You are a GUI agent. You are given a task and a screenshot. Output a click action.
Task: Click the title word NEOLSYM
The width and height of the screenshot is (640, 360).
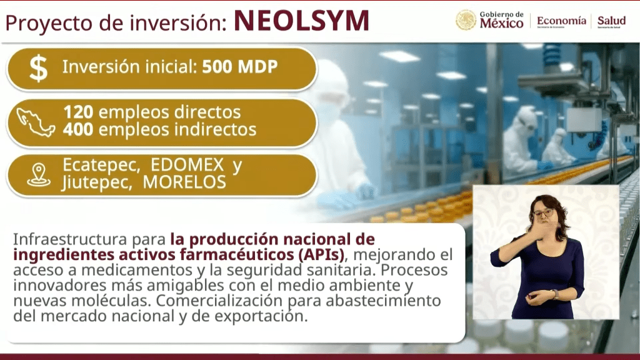[302, 21]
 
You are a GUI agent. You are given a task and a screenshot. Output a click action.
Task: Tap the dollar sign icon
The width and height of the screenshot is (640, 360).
[39, 69]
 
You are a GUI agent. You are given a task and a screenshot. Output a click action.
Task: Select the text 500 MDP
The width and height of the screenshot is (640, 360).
[240, 66]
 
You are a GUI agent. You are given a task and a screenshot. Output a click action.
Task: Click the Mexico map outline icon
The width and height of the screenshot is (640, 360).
[36, 122]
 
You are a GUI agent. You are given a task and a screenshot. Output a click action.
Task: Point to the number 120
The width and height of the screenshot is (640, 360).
[78, 112]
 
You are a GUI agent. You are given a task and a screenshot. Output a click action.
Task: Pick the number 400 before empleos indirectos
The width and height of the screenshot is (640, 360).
[78, 129]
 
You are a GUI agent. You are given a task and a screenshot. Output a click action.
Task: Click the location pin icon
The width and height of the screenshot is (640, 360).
[39, 175]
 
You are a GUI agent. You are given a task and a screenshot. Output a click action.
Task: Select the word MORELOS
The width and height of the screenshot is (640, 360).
[184, 182]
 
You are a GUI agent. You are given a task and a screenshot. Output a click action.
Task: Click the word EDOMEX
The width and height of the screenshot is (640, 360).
[187, 165]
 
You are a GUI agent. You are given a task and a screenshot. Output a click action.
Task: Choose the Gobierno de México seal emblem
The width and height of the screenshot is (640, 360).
[466, 20]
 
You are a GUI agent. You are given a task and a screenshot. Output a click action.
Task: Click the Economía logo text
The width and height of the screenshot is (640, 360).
[561, 21]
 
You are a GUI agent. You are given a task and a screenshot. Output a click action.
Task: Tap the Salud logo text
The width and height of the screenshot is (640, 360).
[611, 21]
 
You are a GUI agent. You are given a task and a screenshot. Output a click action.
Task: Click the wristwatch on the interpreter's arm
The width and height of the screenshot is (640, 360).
[555, 294]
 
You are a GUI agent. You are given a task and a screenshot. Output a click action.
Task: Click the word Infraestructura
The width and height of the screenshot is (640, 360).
[70, 239]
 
